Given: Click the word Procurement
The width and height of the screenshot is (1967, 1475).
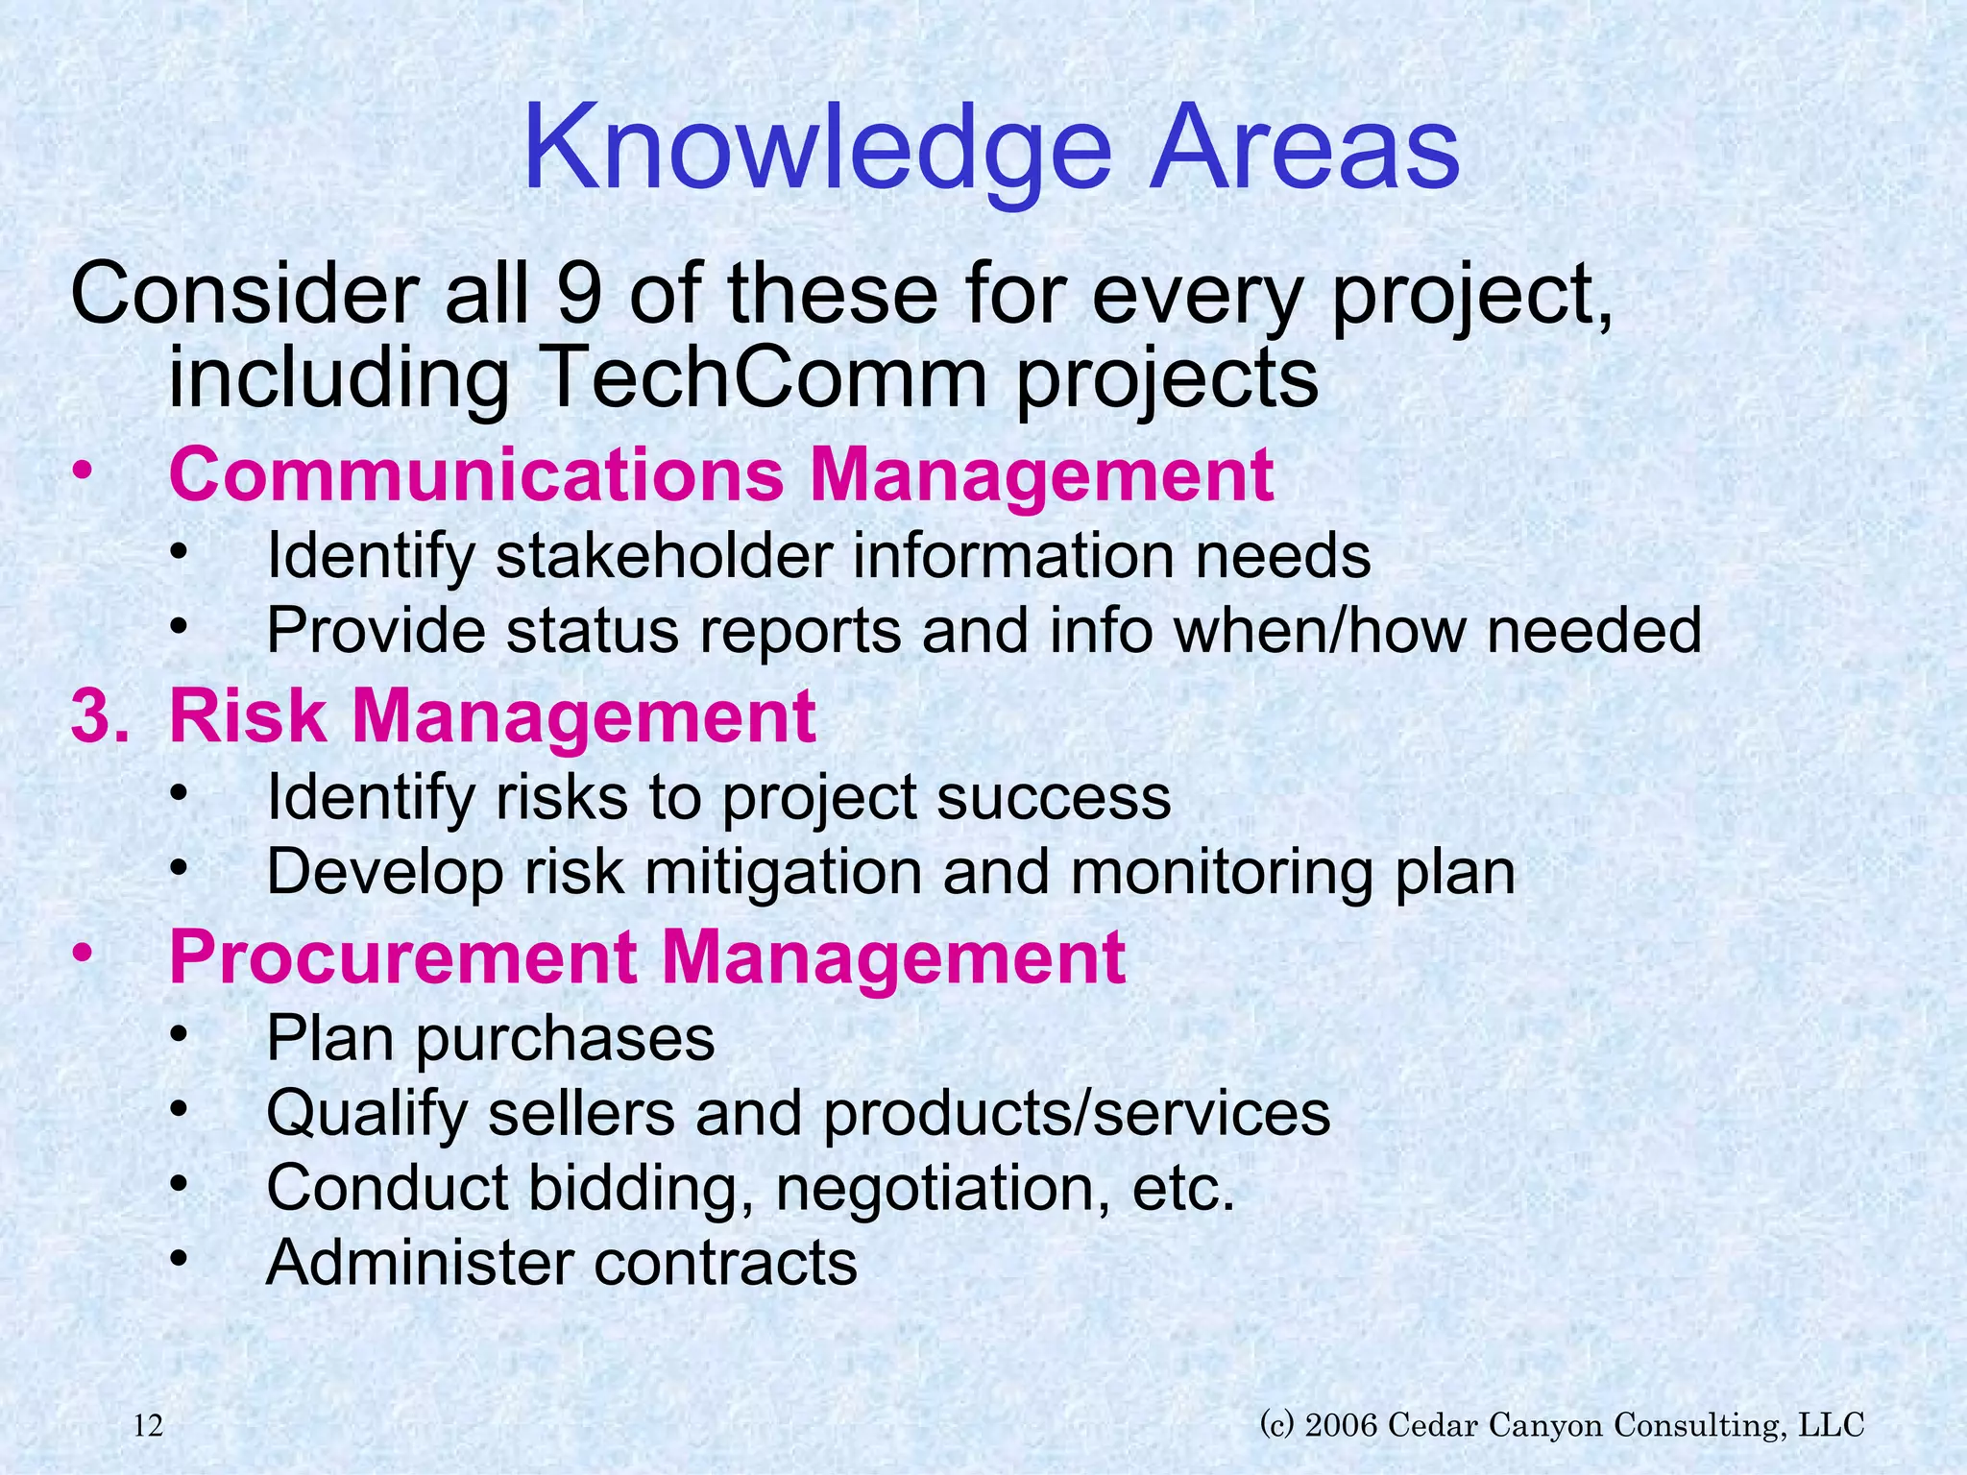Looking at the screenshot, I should (403, 957).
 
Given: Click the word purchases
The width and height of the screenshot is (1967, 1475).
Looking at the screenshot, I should (565, 1039).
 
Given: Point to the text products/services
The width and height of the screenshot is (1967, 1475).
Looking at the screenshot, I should (1077, 1114).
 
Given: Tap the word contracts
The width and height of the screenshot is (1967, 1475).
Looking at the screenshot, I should (725, 1263).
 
